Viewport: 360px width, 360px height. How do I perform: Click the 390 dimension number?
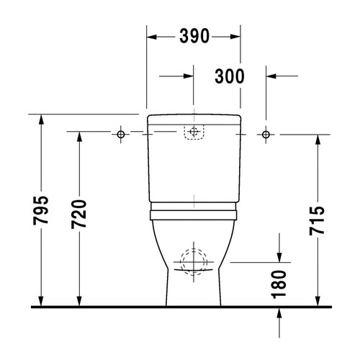(194, 36)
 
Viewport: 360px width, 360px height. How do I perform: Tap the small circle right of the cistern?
(266, 135)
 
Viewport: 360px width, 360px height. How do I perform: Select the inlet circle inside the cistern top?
(194, 132)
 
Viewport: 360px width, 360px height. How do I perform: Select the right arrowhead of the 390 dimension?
(236, 36)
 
